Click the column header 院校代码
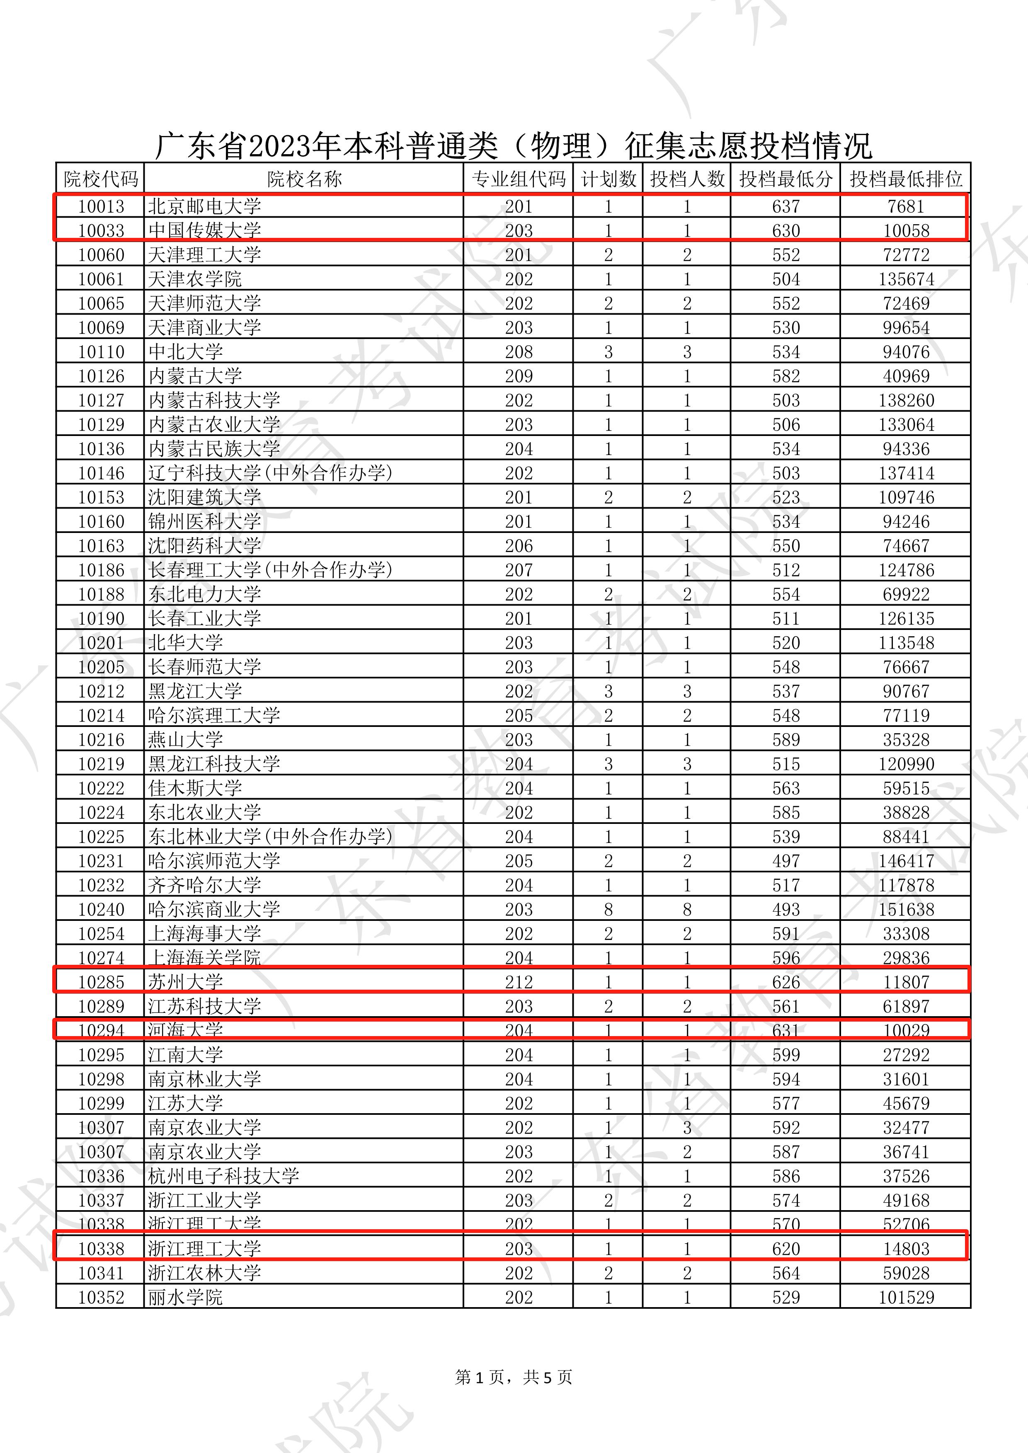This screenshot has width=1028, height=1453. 101,179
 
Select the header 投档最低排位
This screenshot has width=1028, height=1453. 905,179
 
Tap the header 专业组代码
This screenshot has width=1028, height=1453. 519,179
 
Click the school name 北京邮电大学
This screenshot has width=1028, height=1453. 204,206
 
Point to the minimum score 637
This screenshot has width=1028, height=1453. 786,206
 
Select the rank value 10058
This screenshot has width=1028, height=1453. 906,231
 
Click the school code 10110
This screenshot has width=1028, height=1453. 101,352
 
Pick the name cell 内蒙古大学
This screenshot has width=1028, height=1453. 195,376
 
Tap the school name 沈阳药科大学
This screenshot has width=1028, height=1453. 204,545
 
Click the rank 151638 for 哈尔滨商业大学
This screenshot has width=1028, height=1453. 906,909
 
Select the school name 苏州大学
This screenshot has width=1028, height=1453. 185,982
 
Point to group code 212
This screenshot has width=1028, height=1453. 519,982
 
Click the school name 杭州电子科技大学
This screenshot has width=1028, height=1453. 223,1176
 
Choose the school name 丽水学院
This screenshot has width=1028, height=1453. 185,1297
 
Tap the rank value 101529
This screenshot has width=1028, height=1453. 906,1297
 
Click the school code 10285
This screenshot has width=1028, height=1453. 101,982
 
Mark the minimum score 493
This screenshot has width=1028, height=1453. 786,909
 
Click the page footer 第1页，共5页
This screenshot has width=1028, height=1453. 513,1377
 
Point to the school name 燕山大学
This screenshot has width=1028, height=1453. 185,740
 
